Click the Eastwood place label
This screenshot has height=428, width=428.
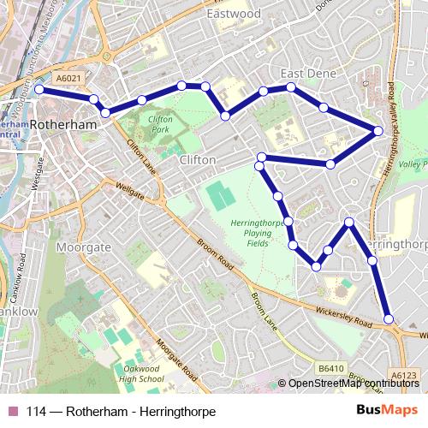point(234,14)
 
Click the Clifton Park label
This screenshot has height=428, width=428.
point(160,123)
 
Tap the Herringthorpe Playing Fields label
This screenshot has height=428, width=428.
point(251,232)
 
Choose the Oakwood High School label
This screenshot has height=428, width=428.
point(142,373)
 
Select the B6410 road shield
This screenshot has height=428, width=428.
point(330,368)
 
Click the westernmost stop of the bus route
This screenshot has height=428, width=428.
point(39,88)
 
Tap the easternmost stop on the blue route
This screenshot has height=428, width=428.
point(377,131)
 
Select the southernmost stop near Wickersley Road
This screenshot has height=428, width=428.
point(389,319)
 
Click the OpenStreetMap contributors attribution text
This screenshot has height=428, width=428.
point(354,383)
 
